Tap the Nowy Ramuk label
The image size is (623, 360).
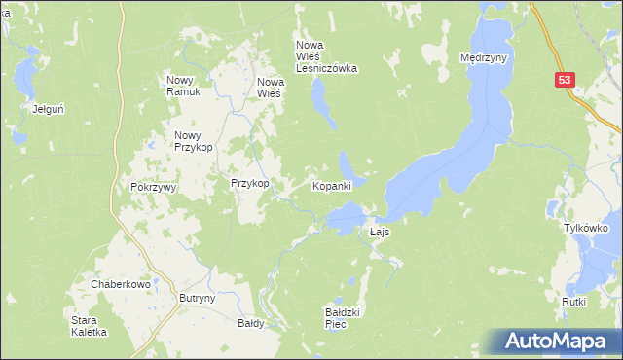point(183,86)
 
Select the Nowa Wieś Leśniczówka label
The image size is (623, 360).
point(327,56)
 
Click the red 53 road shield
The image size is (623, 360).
point(567,80)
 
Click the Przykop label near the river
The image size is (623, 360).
point(249,183)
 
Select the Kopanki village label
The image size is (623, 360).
point(331,186)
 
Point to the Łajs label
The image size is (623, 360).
point(380,234)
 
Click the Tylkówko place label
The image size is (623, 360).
point(586,227)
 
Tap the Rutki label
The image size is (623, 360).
point(573,302)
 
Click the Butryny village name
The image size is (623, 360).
point(197,300)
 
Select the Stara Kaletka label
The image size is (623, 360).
point(90,325)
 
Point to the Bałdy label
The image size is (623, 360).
point(251,323)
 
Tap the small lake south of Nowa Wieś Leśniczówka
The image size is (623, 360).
point(319,101)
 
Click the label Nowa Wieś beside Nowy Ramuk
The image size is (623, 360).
point(269,88)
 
